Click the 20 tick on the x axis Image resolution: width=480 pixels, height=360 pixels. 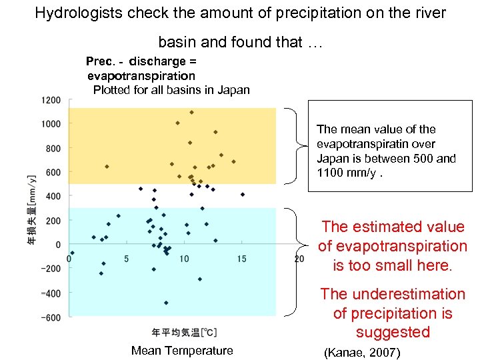(x=299, y=259)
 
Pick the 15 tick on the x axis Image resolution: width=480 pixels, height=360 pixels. (x=241, y=259)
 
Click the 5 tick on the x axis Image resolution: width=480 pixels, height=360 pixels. (x=127, y=259)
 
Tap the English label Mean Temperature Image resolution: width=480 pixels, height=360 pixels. (x=182, y=351)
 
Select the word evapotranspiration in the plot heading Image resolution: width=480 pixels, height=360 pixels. (x=141, y=75)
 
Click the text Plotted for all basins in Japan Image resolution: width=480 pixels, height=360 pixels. (x=171, y=90)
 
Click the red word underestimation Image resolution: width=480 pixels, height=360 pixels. (x=407, y=294)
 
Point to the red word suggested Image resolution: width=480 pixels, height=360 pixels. (x=392, y=332)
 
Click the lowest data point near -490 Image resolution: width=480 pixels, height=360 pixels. (x=166, y=303)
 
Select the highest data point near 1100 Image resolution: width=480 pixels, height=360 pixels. (x=192, y=112)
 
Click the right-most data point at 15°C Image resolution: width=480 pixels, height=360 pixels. (x=243, y=195)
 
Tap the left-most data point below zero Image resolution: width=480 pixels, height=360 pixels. (x=72, y=253)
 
